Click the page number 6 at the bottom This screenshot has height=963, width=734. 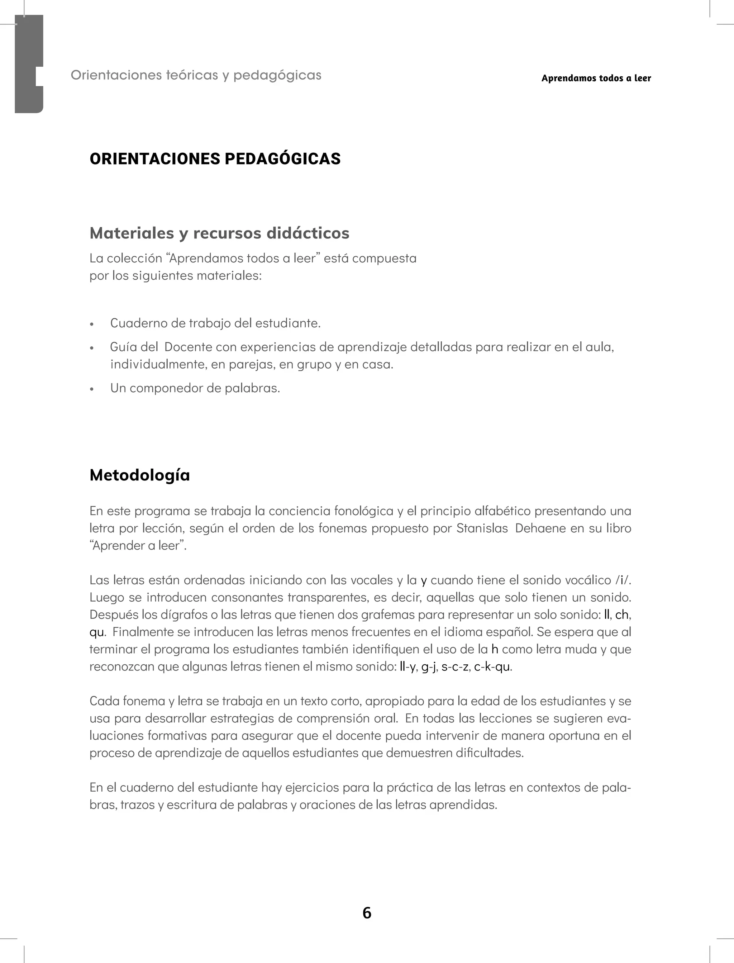[x=367, y=913]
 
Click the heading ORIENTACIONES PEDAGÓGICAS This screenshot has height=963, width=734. [x=215, y=158]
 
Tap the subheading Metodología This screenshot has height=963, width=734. [x=140, y=475]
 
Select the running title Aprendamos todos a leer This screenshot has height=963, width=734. [x=596, y=78]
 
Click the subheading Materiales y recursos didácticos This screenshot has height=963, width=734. [x=219, y=233]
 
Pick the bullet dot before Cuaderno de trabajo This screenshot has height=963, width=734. [x=92, y=324]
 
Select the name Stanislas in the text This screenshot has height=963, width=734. [x=482, y=528]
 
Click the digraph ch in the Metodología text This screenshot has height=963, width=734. [x=622, y=615]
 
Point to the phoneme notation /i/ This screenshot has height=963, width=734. [x=623, y=580]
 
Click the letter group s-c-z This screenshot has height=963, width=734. [x=455, y=667]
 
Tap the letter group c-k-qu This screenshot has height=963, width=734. [x=492, y=667]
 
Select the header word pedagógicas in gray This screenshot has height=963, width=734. [x=277, y=75]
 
